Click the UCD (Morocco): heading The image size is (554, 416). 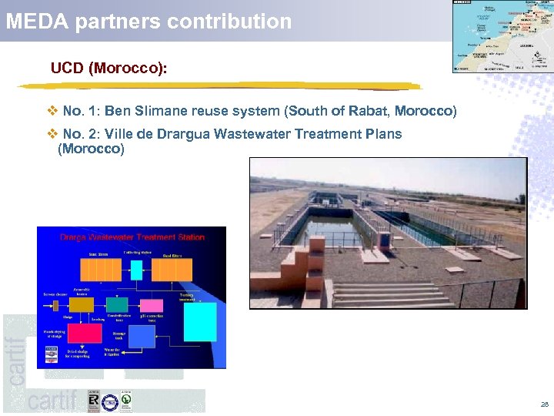coord(108,69)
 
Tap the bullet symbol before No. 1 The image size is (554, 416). coord(52,112)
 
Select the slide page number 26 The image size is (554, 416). coord(545,404)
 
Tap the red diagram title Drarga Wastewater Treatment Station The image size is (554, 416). coord(132,237)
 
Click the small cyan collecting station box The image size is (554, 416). coord(136,270)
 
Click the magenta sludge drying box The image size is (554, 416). coord(85,334)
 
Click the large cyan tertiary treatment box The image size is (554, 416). coord(201,322)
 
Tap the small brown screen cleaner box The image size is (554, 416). coord(55,306)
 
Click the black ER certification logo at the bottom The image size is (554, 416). coord(93,401)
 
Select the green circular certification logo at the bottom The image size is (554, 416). coord(125,401)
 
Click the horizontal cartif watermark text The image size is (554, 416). coord(52,401)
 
